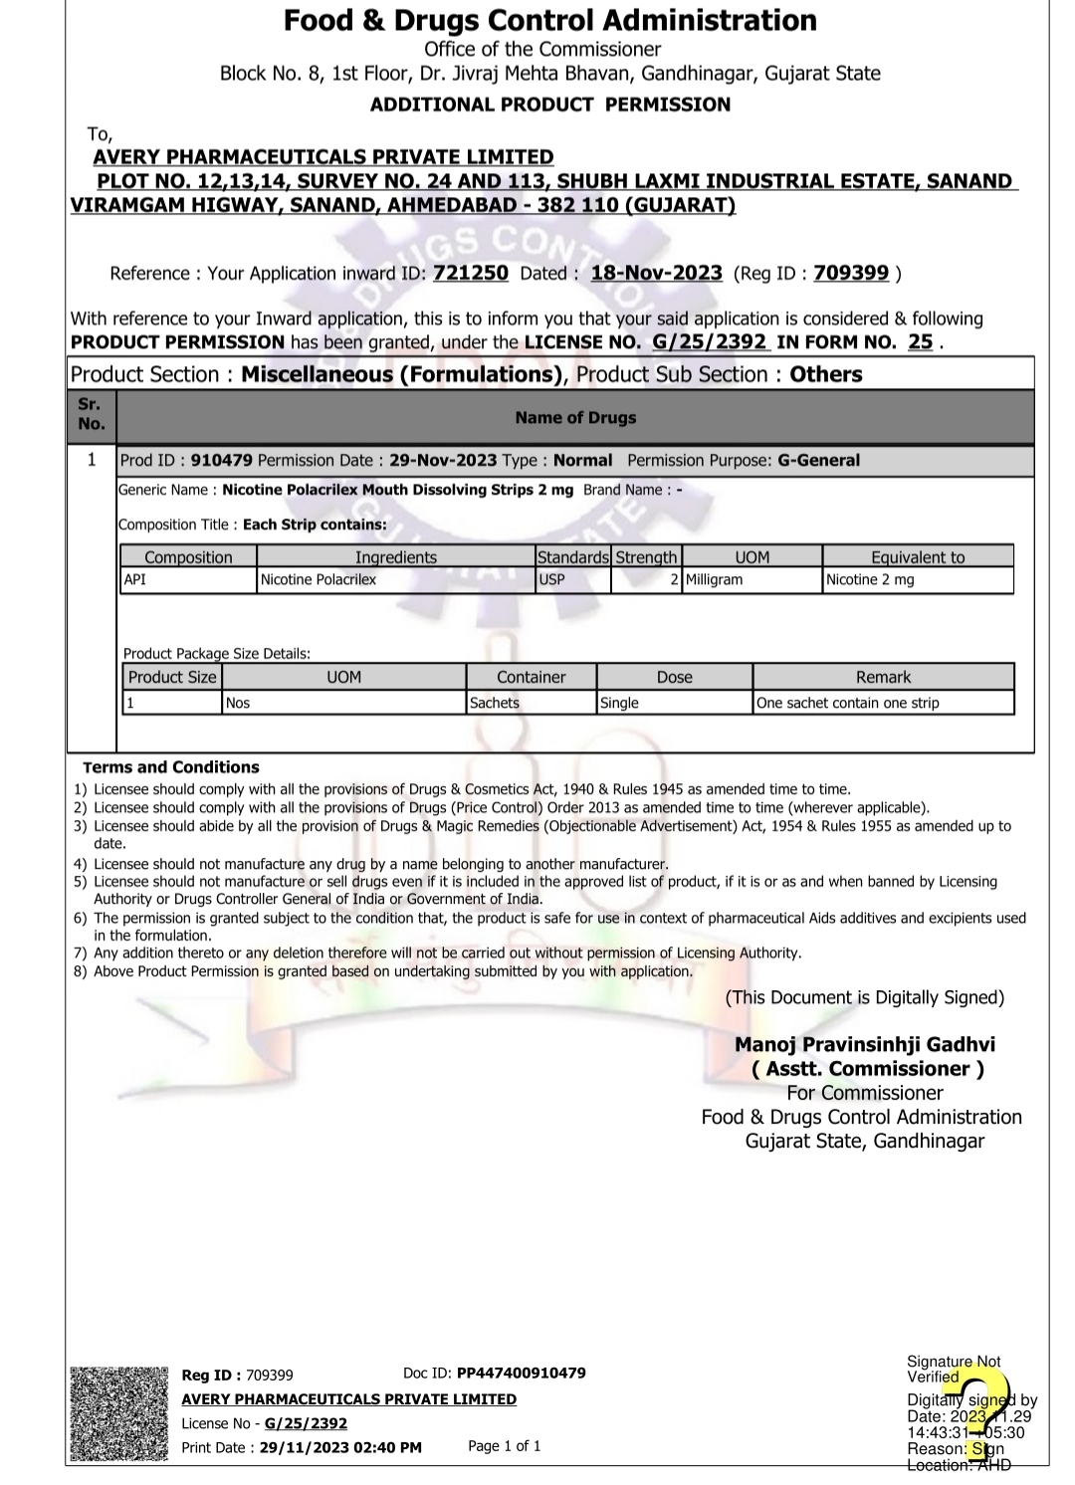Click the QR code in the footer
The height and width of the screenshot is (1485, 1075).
click(x=118, y=1414)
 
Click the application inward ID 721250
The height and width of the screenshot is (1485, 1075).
click(x=471, y=273)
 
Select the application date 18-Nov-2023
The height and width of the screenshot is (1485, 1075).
click(x=656, y=273)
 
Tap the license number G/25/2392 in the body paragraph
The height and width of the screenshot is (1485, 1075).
click(x=710, y=341)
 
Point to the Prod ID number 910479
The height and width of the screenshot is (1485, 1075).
click(x=221, y=460)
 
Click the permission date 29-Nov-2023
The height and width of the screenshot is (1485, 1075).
click(x=443, y=460)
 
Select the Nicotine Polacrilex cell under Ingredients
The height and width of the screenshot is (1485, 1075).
click(x=319, y=579)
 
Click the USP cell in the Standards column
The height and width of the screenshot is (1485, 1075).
click(x=552, y=579)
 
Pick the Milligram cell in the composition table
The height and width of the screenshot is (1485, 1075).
click(x=714, y=579)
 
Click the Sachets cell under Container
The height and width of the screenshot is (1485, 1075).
click(x=495, y=703)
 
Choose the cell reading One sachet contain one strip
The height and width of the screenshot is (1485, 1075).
click(x=847, y=703)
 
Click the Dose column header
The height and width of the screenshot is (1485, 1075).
click(x=674, y=677)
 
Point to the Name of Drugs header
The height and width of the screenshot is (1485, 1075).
click(x=575, y=418)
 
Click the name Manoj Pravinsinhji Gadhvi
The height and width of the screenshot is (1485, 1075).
click(x=865, y=1044)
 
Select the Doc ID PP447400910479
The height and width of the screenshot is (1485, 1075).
click(x=521, y=1373)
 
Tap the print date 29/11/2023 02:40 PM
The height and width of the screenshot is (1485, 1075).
click(x=340, y=1447)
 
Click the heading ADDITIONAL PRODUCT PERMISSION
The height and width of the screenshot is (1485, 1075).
click(x=550, y=105)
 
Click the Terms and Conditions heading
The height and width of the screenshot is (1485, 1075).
click(x=171, y=767)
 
